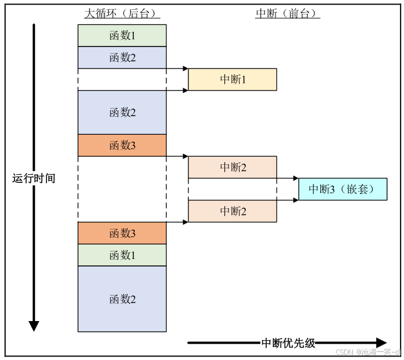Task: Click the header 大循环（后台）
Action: click(x=122, y=13)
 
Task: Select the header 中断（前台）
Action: click(x=288, y=13)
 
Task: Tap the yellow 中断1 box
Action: click(x=233, y=80)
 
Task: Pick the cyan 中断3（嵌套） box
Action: click(x=342, y=189)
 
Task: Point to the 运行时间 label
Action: click(x=34, y=178)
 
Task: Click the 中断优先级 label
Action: click(x=288, y=343)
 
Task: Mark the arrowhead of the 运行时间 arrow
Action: click(x=34, y=326)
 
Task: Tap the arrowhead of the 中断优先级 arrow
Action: click(x=381, y=343)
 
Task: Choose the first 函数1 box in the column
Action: click(x=122, y=35)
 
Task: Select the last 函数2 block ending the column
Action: click(x=122, y=299)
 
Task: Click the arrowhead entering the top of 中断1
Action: click(x=185, y=69)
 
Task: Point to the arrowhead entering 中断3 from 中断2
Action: click(x=295, y=178)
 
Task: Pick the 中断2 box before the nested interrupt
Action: click(x=233, y=167)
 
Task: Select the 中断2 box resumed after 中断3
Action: click(x=233, y=211)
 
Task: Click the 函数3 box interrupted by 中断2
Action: click(x=122, y=145)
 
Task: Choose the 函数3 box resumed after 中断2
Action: click(x=122, y=233)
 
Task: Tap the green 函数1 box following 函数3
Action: click(x=122, y=255)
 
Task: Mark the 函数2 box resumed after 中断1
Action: click(x=122, y=112)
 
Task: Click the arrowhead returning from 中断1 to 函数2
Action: click(x=169, y=91)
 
